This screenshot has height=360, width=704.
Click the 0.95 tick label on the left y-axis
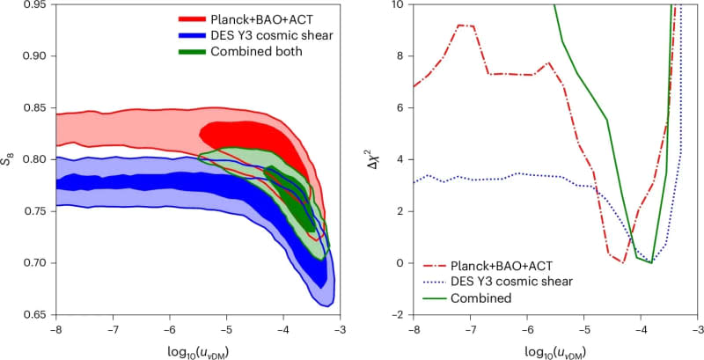click(36, 4)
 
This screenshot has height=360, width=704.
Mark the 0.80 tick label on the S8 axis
click(36, 159)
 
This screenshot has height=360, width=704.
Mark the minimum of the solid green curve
click(651, 262)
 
